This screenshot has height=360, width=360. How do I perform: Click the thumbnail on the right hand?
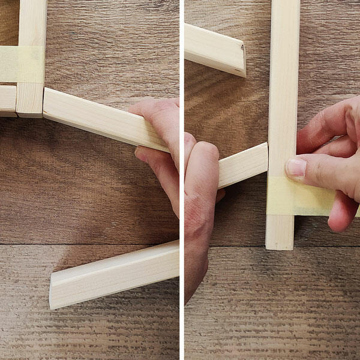coord(295,168)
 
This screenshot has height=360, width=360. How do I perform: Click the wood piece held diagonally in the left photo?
coord(96,116)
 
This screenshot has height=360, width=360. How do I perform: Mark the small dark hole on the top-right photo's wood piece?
coord(242,46)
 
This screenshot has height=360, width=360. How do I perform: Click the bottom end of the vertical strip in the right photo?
coord(280,240)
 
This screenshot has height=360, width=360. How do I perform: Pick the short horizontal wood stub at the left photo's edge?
coord(7,100)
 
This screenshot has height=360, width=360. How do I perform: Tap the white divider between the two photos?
coord(181,180)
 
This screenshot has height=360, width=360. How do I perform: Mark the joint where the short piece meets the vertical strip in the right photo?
coord(267,157)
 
